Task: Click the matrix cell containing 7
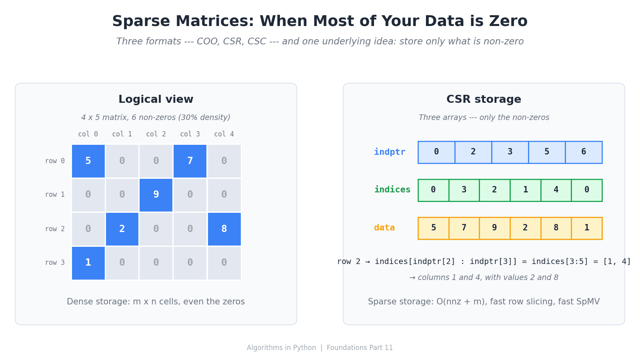click(190, 161)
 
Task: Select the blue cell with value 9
click(156, 195)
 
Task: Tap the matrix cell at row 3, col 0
click(88, 263)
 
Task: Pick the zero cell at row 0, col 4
click(224, 161)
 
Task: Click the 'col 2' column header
click(156, 134)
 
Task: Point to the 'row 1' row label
click(55, 195)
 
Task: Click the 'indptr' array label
click(390, 152)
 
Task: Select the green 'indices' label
click(392, 190)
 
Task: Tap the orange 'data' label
click(384, 228)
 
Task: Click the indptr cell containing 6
click(584, 152)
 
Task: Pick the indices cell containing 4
click(556, 190)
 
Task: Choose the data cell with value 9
click(494, 228)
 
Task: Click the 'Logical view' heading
click(156, 100)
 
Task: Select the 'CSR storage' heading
click(484, 100)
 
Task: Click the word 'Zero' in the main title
click(510, 22)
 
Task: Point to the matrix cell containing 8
click(224, 229)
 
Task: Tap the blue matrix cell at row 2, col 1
click(122, 229)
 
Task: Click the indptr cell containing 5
click(547, 152)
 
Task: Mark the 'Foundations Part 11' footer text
click(360, 348)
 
